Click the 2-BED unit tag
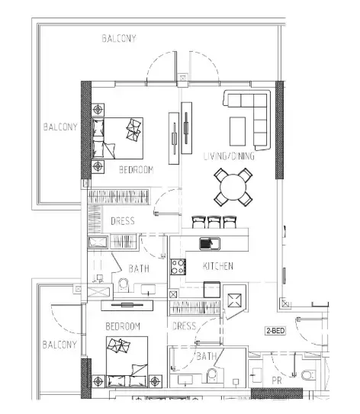pyautogui.click(x=275, y=331)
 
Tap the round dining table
pyautogui.click(x=233, y=187)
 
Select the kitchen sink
pyautogui.click(x=210, y=243)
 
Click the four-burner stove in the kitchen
pyautogui.click(x=178, y=267)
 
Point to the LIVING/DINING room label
pyautogui.click(x=229, y=156)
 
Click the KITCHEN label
pyautogui.click(x=218, y=266)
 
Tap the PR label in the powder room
pyautogui.click(x=277, y=380)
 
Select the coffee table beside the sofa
pyautogui.click(x=237, y=131)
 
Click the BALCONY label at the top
pyautogui.click(x=119, y=39)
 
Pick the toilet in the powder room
pyautogui.click(x=308, y=375)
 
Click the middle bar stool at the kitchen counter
pyautogui.click(x=214, y=222)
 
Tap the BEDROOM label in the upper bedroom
pyautogui.click(x=136, y=169)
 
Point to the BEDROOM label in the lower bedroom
pyautogui.click(x=123, y=326)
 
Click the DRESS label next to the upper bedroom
pyautogui.click(x=123, y=221)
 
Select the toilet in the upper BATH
pyautogui.click(x=124, y=284)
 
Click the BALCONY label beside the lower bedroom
pyautogui.click(x=59, y=345)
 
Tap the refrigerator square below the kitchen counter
pyautogui.click(x=212, y=290)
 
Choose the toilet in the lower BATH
pyautogui.click(x=212, y=375)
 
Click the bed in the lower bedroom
pyautogui.click(x=127, y=361)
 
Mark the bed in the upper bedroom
pyautogui.click(x=117, y=138)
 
